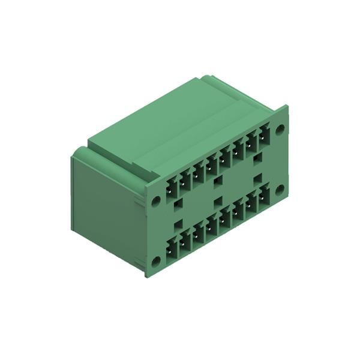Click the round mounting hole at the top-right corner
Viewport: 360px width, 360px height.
(x=280, y=128)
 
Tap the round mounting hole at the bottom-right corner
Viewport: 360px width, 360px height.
(x=280, y=190)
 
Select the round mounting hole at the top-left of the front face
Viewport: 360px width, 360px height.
(x=156, y=201)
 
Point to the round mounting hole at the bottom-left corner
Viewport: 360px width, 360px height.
(x=156, y=260)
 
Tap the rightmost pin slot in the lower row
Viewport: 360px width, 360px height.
(x=264, y=199)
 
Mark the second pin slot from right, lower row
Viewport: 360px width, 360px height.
(x=251, y=205)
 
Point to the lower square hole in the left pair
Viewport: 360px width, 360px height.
(x=178, y=224)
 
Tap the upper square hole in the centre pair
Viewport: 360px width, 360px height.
(x=218, y=181)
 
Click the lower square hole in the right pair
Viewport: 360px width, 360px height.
(x=258, y=178)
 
